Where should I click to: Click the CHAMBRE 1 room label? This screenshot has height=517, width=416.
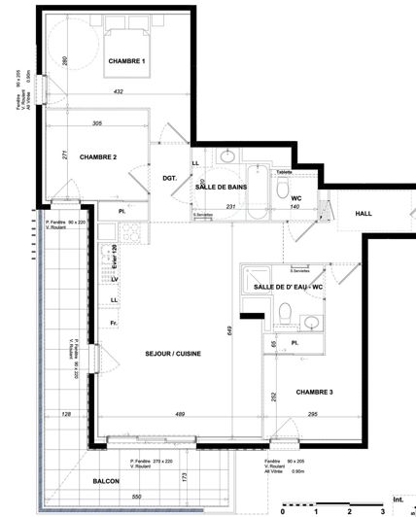(x=126, y=61)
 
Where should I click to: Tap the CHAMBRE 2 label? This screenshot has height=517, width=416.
(x=98, y=157)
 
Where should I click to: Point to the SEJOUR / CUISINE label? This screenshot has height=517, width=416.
(x=173, y=354)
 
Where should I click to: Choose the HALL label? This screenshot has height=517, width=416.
(x=364, y=214)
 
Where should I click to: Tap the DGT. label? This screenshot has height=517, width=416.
(x=168, y=177)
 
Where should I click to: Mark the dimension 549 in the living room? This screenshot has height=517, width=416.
(x=231, y=330)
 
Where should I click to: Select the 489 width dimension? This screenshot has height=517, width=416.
(x=180, y=416)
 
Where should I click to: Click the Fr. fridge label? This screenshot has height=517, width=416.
(x=114, y=323)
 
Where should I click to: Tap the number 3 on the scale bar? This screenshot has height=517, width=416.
(x=383, y=510)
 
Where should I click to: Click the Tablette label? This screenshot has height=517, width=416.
(x=284, y=171)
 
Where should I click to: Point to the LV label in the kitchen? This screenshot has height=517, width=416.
(x=114, y=280)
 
